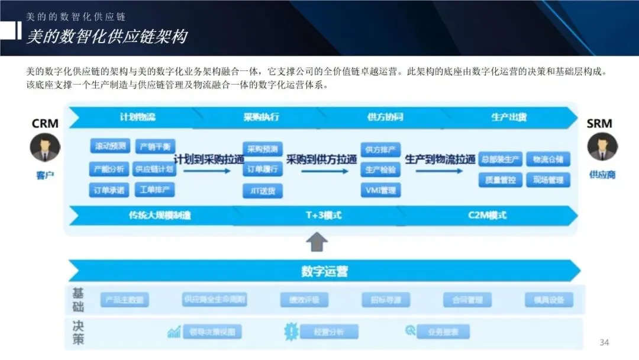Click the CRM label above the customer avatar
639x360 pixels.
click(45, 124)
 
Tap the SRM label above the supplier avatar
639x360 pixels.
click(599, 124)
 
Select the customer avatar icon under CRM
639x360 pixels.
click(45, 148)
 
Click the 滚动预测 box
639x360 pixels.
click(110, 146)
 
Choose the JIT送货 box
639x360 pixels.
click(262, 191)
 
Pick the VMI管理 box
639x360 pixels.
click(380, 190)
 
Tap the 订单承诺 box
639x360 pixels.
click(109, 190)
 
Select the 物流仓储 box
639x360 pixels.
click(548, 159)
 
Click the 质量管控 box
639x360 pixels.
click(500, 180)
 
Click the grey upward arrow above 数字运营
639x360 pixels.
click(318, 241)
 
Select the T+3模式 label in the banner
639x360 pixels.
click(323, 216)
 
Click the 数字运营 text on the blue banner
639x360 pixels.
click(325, 272)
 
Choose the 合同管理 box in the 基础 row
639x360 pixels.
click(467, 300)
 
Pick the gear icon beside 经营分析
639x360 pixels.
click(292, 331)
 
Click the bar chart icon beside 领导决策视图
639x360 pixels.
click(174, 332)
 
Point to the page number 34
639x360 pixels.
click(604, 343)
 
